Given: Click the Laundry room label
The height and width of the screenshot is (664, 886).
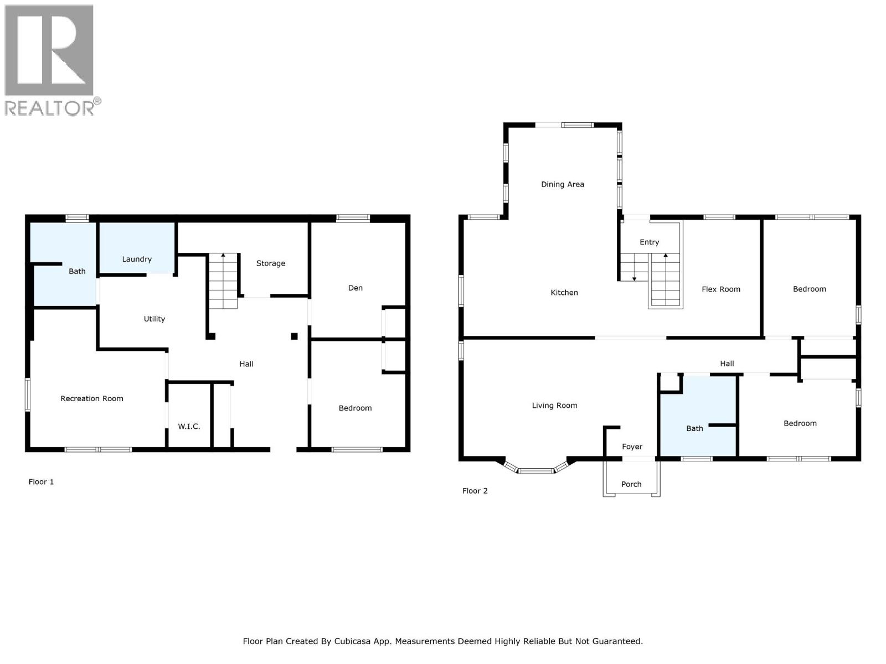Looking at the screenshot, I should [x=137, y=259].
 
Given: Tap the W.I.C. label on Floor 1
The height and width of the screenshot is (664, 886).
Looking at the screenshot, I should [x=189, y=427].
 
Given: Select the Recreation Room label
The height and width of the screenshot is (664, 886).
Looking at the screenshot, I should [x=92, y=398].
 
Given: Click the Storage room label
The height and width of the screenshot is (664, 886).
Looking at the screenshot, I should [x=271, y=263].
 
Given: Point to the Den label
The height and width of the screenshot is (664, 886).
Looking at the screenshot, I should [x=356, y=288].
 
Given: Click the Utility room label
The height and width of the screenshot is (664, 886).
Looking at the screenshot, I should [x=154, y=319].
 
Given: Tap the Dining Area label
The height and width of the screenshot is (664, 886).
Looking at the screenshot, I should [x=563, y=184].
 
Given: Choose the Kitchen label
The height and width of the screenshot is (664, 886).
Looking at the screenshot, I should [x=564, y=293].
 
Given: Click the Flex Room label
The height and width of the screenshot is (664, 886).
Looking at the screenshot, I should [x=721, y=289].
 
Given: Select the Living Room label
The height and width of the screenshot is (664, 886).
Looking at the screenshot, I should [x=554, y=406].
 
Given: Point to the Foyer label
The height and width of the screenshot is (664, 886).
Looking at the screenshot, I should [x=632, y=447].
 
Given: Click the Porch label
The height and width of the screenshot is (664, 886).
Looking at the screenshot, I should [x=631, y=484].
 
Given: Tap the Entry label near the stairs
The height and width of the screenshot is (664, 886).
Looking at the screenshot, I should [x=650, y=242].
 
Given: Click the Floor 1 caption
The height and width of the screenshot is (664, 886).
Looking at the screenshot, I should [x=42, y=482].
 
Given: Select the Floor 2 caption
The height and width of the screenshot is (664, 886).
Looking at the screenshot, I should [x=475, y=491].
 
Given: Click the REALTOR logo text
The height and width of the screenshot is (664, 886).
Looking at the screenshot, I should [x=50, y=108].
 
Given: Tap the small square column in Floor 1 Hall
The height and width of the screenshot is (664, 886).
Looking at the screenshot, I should [x=295, y=336].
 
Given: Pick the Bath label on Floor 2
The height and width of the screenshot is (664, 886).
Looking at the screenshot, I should [x=694, y=428].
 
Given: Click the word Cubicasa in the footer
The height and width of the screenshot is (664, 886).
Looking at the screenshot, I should [x=353, y=641].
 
